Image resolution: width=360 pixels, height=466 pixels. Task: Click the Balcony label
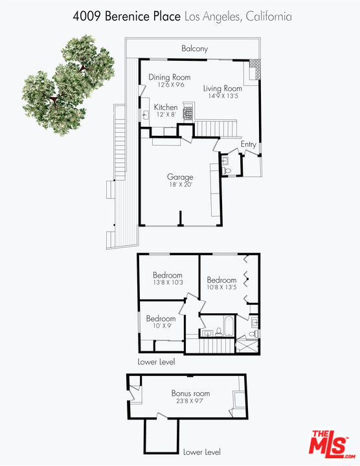point(194,49)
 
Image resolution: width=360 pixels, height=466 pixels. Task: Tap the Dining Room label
point(170,77)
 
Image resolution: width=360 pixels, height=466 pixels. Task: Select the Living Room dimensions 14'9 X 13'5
point(223,96)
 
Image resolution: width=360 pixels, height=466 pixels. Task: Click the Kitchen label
point(166,107)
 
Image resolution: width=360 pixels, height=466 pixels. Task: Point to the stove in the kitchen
point(188,113)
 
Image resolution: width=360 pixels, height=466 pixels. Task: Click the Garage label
point(180,177)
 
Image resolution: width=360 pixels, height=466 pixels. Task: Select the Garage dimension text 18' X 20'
point(181,184)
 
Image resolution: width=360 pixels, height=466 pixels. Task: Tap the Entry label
point(248,144)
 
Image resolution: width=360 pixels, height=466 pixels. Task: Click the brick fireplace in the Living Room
point(254,69)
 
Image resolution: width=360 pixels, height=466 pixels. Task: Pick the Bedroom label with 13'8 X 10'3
point(168,275)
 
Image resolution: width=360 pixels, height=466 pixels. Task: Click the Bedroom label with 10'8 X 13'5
point(222,280)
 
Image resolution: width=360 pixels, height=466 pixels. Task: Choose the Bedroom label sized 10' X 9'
point(161,318)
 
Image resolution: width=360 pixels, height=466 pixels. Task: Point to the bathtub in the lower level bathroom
point(229,326)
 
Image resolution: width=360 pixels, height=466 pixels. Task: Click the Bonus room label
point(190,394)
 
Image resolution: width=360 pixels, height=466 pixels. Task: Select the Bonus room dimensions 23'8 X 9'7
point(190,401)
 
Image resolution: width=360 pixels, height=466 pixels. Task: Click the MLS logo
point(332,444)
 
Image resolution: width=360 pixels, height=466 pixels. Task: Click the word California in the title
point(269,16)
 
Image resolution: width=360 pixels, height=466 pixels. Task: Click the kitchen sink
point(145,115)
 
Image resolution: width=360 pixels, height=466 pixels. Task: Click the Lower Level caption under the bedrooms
point(156,362)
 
